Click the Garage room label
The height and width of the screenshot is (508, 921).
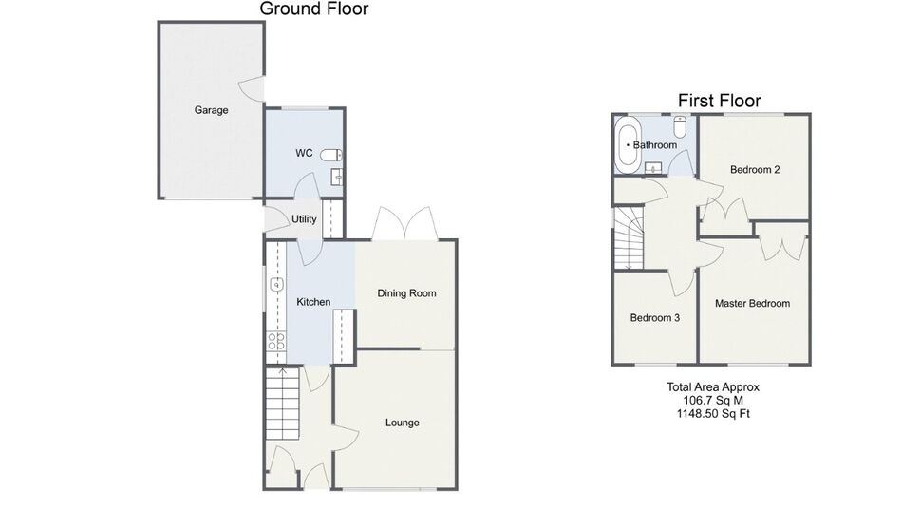point(211,110)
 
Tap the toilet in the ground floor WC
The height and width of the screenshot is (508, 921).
point(332,155)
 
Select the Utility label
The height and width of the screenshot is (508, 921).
point(304,219)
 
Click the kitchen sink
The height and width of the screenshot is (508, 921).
point(276,285)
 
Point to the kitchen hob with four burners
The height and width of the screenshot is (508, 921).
point(276,341)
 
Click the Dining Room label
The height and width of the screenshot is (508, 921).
point(406,293)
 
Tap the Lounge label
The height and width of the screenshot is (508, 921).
point(403,423)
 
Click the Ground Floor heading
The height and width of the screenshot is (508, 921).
point(314,9)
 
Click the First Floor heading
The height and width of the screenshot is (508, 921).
point(720,101)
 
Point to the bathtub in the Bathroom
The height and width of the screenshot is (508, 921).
point(628,145)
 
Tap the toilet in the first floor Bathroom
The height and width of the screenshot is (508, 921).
point(680,126)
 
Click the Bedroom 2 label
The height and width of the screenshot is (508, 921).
point(755,170)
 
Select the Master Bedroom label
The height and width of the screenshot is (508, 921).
point(752,304)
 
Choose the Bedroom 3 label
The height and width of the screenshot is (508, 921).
point(655,318)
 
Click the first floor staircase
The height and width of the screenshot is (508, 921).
point(630,237)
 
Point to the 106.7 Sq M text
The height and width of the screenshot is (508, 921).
point(713,400)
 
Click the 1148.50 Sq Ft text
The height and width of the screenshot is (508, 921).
point(713,413)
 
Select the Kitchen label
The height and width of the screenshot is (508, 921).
point(313,302)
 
